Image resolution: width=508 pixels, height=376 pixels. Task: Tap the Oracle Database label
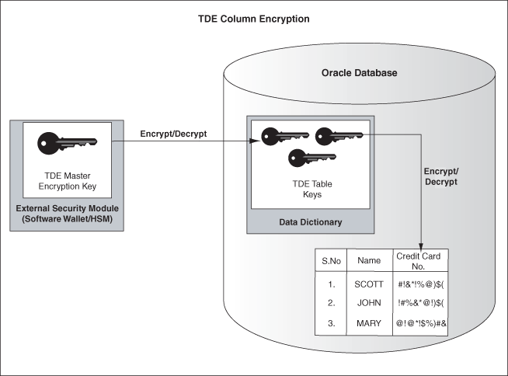tap(359, 73)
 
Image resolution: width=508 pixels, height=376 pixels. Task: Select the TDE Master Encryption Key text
tap(66, 181)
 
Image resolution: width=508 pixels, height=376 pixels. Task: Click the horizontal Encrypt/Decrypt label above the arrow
tap(174, 133)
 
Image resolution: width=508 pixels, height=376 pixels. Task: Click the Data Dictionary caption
tap(311, 223)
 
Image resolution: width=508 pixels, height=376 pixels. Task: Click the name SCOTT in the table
tap(369, 284)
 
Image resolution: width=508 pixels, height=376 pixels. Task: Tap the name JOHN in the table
tap(369, 302)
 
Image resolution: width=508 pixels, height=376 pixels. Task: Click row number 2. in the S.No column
tap(330, 302)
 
